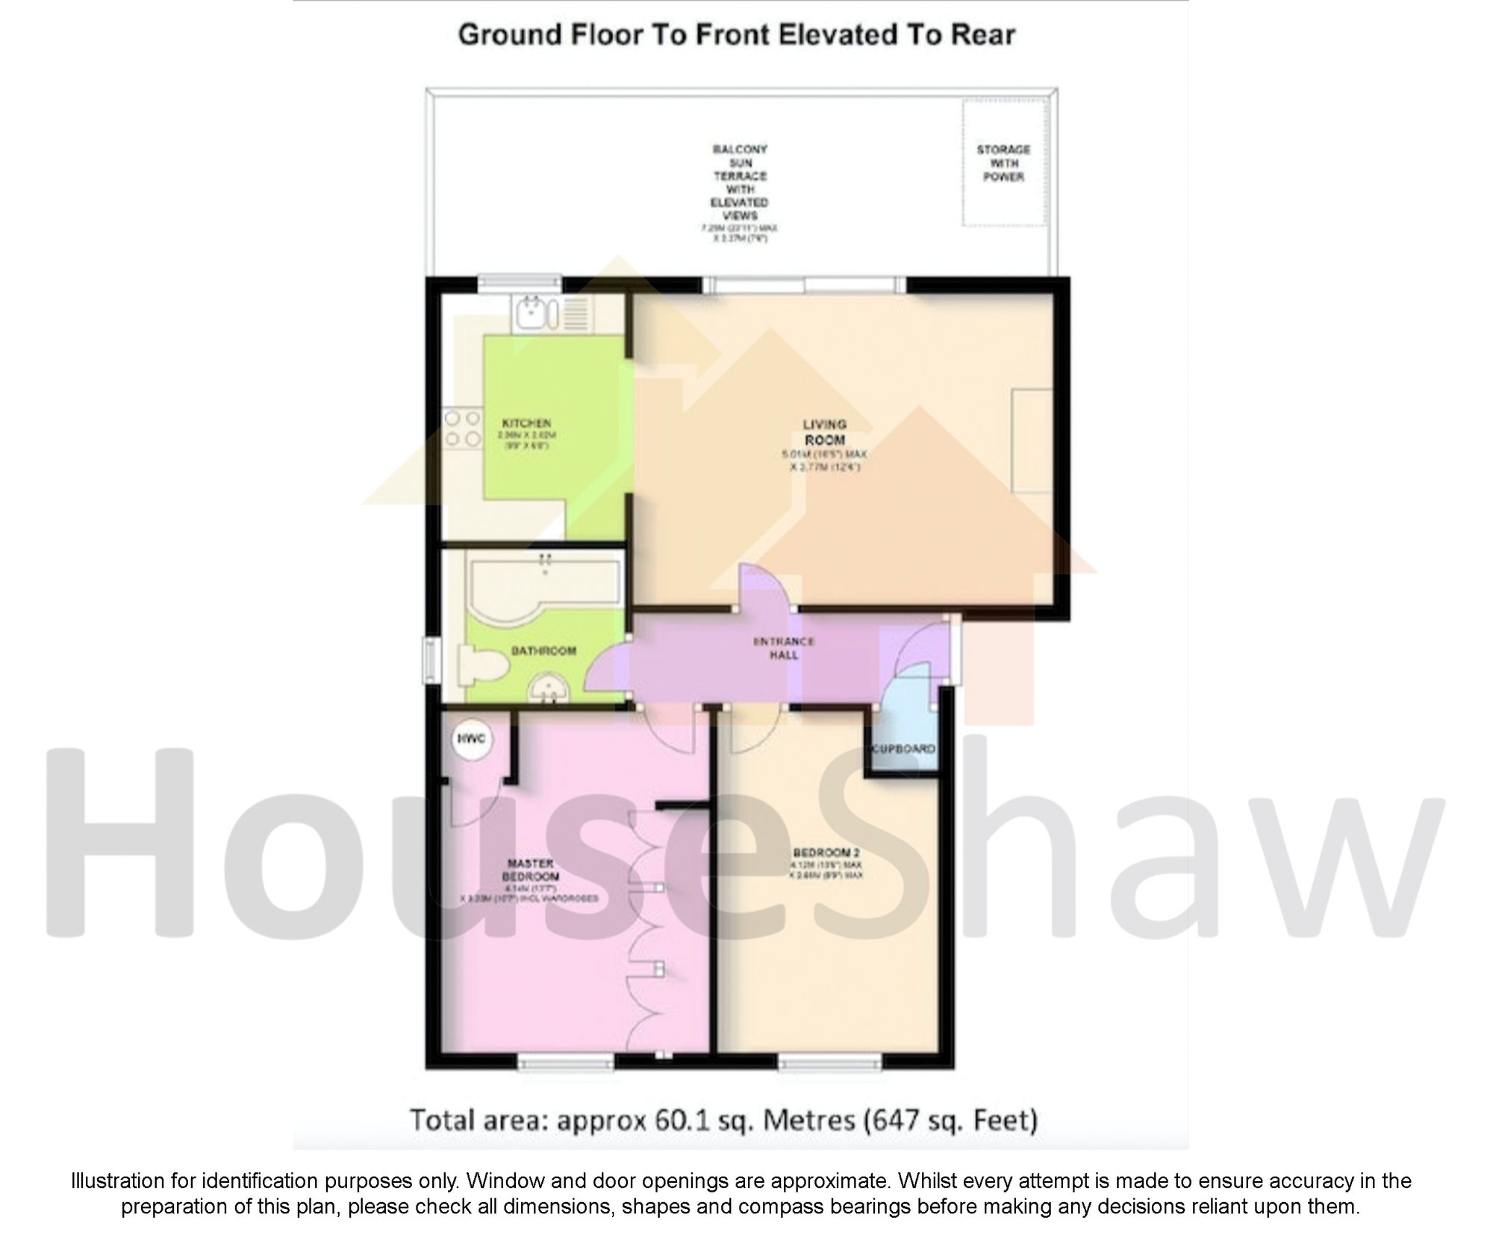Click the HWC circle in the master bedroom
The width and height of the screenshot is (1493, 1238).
click(471, 739)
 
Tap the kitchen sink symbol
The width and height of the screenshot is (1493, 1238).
click(534, 313)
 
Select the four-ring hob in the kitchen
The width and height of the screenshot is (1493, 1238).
click(462, 429)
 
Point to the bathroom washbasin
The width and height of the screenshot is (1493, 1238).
click(551, 688)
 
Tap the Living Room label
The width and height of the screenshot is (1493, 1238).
click(824, 432)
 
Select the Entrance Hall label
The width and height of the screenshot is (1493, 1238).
click(783, 648)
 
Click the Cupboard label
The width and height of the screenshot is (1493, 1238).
click(903, 748)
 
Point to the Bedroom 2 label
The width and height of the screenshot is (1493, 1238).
click(826, 853)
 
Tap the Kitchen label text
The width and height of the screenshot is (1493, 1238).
click(526, 423)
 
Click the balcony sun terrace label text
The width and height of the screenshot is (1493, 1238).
click(740, 182)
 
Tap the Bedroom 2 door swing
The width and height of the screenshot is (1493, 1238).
click(754, 730)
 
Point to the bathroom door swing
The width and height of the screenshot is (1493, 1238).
click(606, 668)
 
